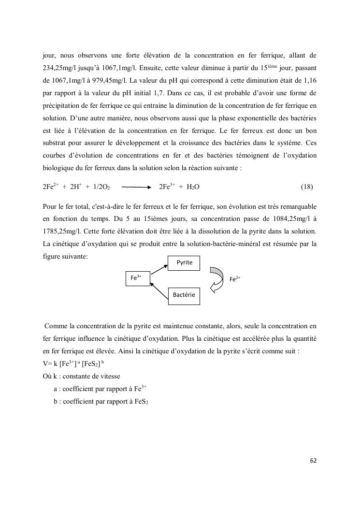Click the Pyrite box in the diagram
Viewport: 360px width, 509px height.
[x=184, y=262]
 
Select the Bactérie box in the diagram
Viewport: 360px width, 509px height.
[x=184, y=294]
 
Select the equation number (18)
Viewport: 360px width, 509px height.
[x=307, y=187]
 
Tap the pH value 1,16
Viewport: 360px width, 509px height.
[x=310, y=79]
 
